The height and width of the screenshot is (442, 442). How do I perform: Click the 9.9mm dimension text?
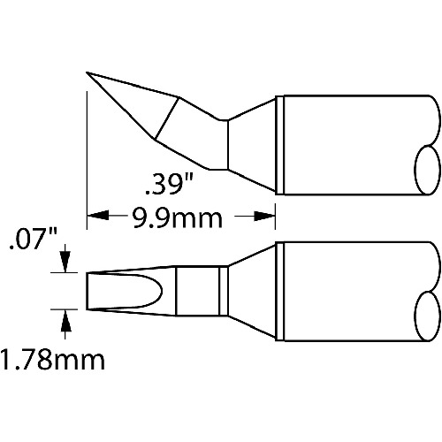point(177,218)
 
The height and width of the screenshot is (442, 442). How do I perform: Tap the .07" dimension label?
point(33,240)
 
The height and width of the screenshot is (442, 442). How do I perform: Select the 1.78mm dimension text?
point(52,359)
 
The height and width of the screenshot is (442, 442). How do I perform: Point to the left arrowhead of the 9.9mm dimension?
point(97,216)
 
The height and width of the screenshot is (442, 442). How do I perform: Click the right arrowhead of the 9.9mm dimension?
point(264,216)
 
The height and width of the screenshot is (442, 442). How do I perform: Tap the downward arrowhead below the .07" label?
point(65,262)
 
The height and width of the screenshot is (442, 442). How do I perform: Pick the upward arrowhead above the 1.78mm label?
point(65,320)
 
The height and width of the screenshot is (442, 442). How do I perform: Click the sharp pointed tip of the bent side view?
point(87,72)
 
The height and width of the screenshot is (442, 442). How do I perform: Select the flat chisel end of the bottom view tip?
point(87,291)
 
